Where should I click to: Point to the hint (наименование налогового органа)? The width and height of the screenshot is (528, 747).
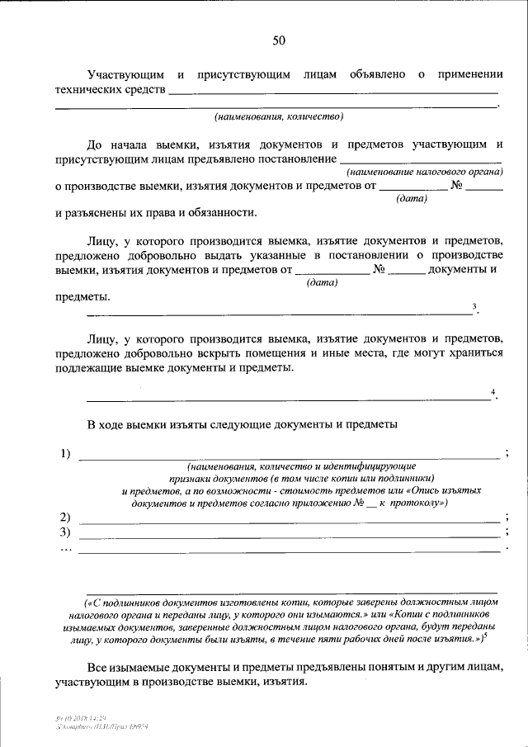pyautogui.click(x=426, y=172)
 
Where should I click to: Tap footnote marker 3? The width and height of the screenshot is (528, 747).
pyautogui.click(x=474, y=307)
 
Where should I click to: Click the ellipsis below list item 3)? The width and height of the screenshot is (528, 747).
pyautogui.click(x=66, y=549)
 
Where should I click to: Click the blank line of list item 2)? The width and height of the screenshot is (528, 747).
pyautogui.click(x=289, y=520)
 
